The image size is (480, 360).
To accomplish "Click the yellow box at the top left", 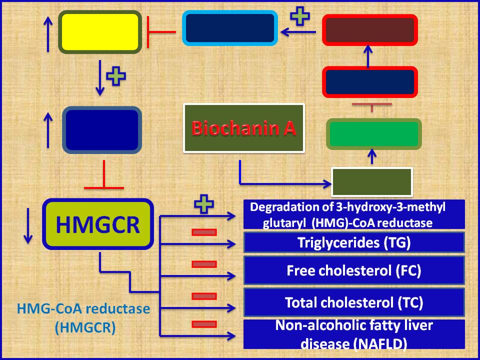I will [x=99, y=32].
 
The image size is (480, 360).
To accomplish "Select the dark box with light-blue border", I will [x=229, y=28].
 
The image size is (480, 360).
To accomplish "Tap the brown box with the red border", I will [x=370, y=29].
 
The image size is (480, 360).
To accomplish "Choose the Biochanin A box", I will [x=244, y=128].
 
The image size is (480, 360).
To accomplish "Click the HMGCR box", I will [x=98, y=224].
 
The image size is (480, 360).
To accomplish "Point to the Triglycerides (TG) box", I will [x=354, y=243].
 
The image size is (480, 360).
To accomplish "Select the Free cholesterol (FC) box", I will [x=354, y=270].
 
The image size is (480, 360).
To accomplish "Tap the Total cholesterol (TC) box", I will [x=354, y=302].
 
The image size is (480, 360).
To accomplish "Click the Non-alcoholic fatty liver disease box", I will [x=354, y=334].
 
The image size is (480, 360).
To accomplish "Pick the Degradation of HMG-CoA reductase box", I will [x=354, y=214].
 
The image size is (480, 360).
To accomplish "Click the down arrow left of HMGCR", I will [x=28, y=224].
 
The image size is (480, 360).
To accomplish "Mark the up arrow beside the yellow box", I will [x=48, y=32].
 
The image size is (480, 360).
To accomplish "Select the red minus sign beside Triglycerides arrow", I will [x=204, y=232].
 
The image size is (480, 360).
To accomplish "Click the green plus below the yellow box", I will [x=116, y=76].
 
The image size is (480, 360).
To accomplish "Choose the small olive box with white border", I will [x=372, y=182].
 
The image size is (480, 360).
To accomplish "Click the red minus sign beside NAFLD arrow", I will [x=204, y=324].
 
